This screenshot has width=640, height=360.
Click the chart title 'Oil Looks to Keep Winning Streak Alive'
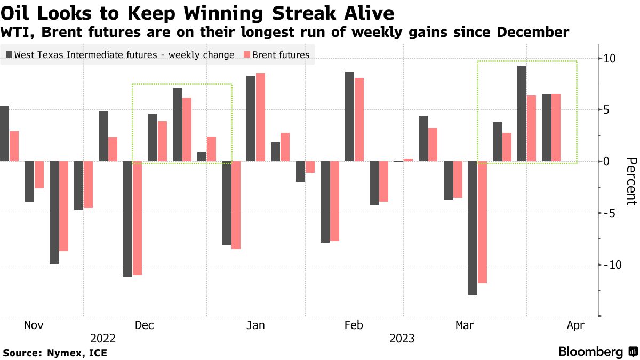(x=197, y=12)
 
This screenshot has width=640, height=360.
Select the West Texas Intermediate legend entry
(x=120, y=55)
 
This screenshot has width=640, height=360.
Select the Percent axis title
(x=631, y=181)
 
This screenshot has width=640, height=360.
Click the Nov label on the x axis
(x=34, y=325)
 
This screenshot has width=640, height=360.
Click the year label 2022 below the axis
(x=103, y=338)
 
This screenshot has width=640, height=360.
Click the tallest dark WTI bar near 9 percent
(x=522, y=113)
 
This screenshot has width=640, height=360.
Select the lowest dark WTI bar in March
(x=473, y=228)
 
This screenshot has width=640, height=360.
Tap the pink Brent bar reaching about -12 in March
(x=482, y=222)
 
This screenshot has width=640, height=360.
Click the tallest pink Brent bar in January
(x=260, y=117)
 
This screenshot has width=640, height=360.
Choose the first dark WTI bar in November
(x=4, y=133)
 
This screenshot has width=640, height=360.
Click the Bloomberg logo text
(x=591, y=352)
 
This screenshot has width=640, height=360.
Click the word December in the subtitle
(x=533, y=33)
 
